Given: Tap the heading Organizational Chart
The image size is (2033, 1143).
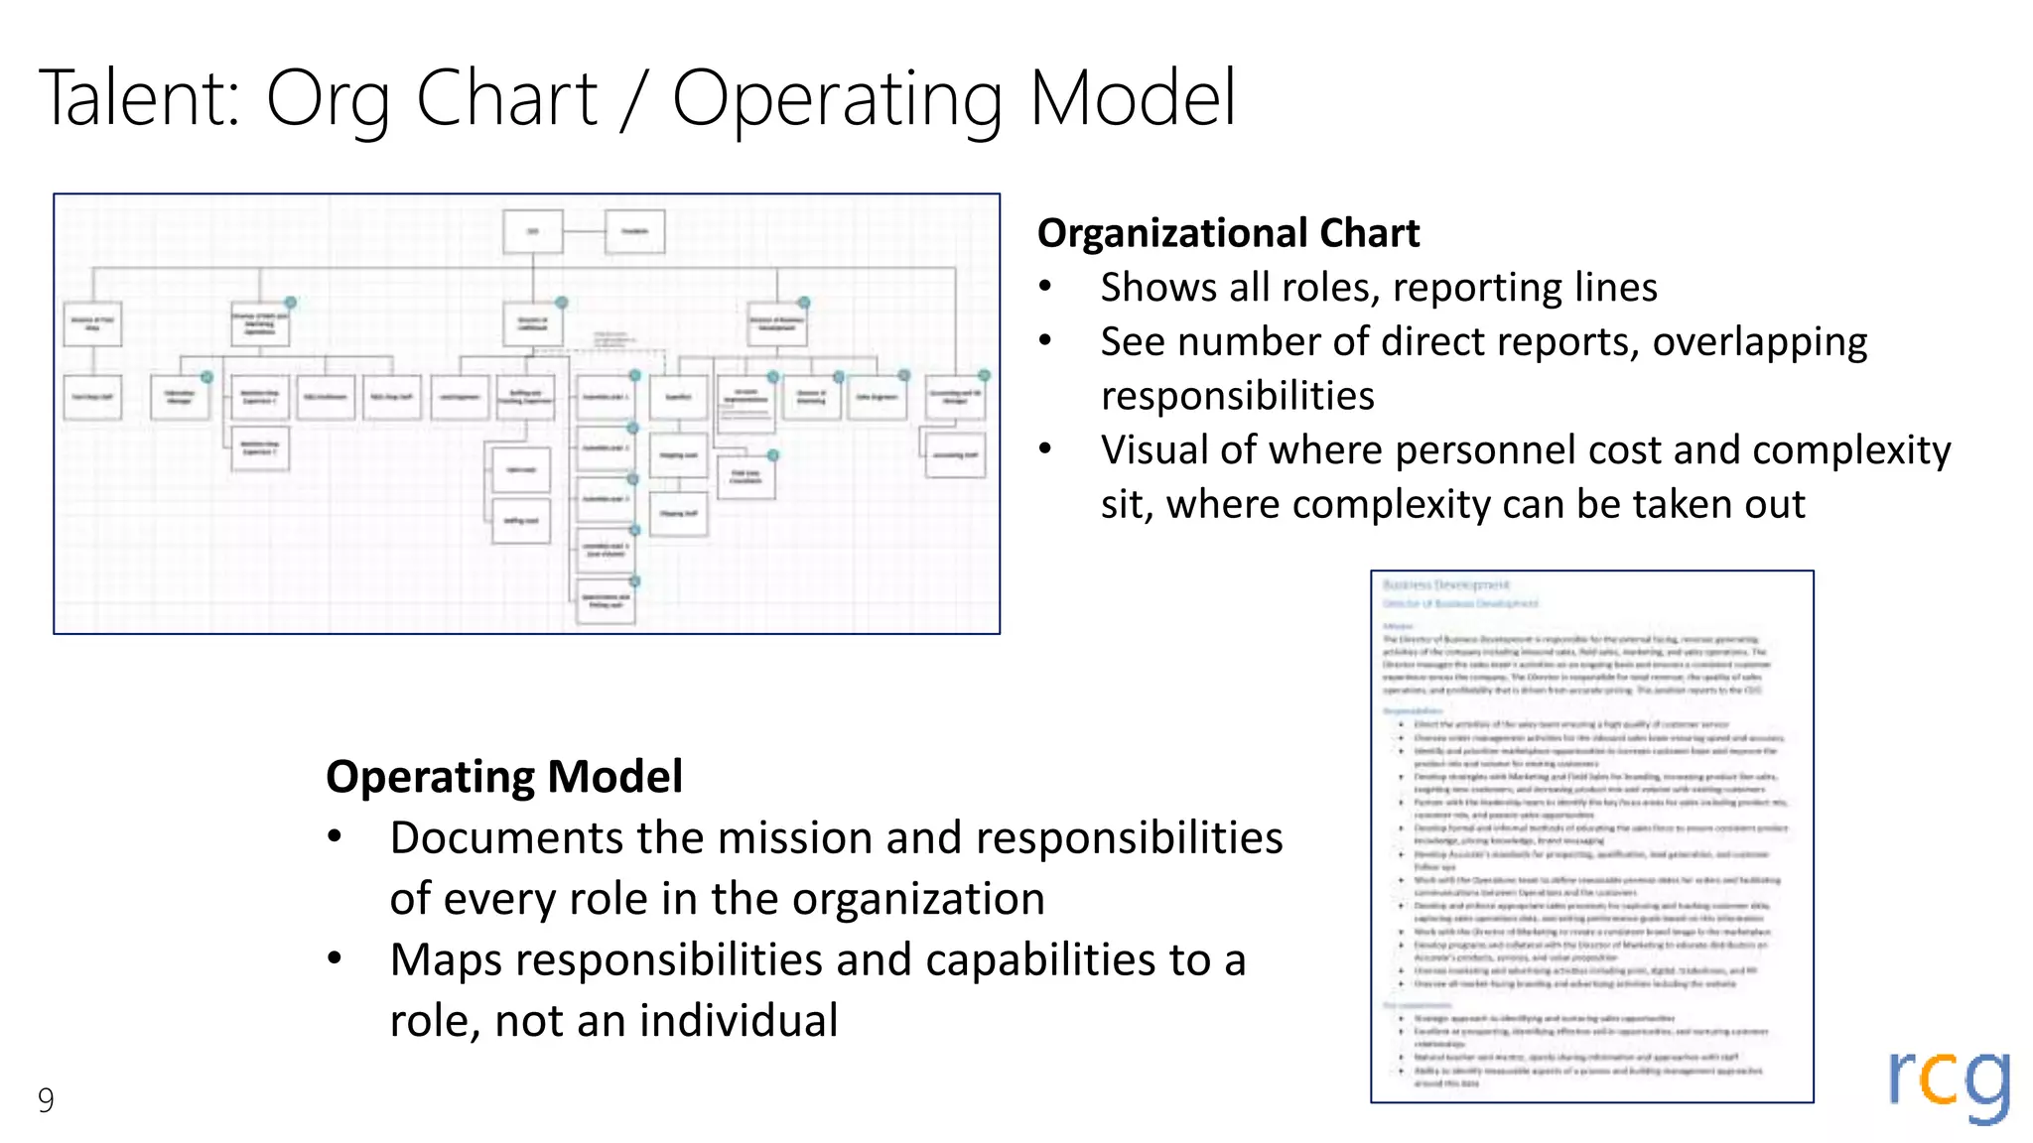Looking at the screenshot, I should coord(1228,233).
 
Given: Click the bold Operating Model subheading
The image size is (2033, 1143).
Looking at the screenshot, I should coord(504,776).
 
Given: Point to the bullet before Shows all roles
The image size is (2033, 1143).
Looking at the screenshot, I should coord(1045,288).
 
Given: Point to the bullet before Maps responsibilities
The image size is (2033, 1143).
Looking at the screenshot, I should coord(336,958).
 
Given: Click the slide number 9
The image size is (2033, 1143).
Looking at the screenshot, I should coord(46,1099).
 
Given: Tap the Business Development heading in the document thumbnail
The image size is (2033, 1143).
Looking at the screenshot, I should coord(1445,584).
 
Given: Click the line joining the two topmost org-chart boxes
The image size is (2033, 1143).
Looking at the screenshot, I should coord(585,231).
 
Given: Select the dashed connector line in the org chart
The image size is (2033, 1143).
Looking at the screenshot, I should coord(606,350).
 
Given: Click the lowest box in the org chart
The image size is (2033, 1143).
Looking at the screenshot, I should coord(606,601).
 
